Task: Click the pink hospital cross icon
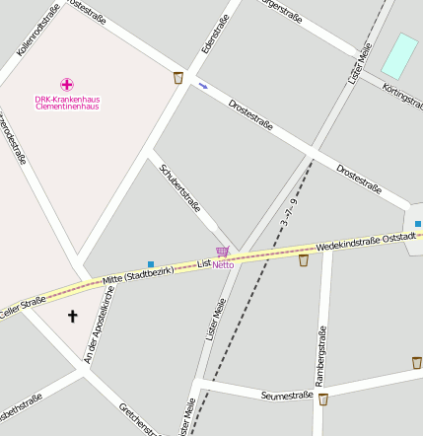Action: point(67,85)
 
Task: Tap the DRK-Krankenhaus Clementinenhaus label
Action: point(67,103)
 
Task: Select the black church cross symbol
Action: point(71,317)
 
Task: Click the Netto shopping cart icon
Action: point(223,253)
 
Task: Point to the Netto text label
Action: point(223,264)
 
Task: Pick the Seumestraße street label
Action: point(287,395)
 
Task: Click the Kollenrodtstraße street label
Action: point(38,28)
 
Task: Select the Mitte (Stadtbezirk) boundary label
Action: point(138,276)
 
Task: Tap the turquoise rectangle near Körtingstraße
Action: point(399,55)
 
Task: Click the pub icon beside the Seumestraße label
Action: point(322,400)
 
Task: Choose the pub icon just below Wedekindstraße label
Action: point(304,260)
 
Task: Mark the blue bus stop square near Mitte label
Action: point(151,263)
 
